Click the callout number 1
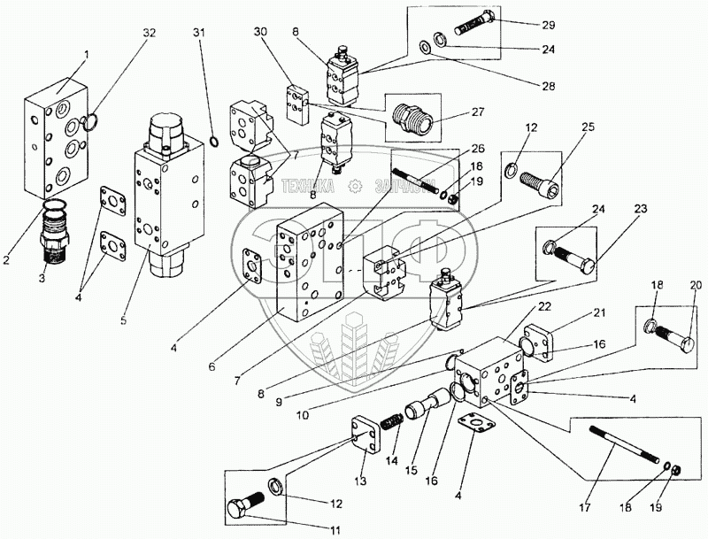point(87,55)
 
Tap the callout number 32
point(149,33)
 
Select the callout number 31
point(198,33)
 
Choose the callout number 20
point(696,285)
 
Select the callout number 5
point(123,320)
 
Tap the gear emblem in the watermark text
point(357,185)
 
